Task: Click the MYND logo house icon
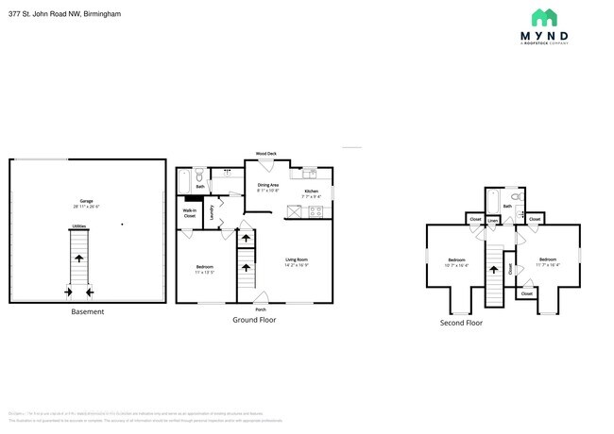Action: (x=544, y=17)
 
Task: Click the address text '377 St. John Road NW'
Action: (x=44, y=14)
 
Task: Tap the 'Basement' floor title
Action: (x=88, y=312)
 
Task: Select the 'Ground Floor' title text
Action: (x=254, y=320)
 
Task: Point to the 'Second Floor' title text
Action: (x=461, y=323)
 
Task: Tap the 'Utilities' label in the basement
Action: (x=79, y=226)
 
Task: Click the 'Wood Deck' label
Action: (x=265, y=154)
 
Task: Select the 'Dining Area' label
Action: (x=268, y=185)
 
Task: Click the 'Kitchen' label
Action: (x=311, y=191)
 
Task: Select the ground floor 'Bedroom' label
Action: (x=205, y=267)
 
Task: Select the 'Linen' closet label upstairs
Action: (x=493, y=219)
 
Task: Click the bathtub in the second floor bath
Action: (x=492, y=201)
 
